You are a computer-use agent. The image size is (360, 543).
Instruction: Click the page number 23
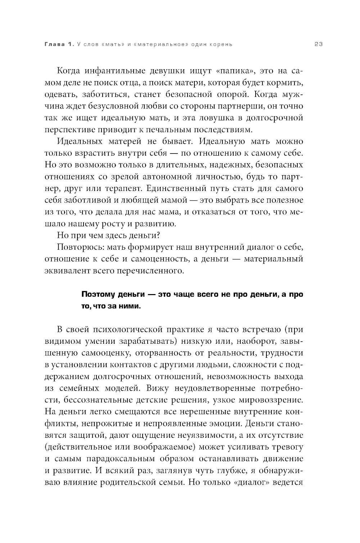click(x=318, y=44)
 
